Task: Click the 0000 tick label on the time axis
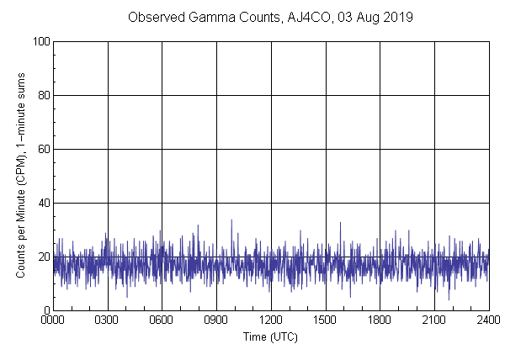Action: coord(53,320)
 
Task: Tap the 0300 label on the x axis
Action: coord(107,320)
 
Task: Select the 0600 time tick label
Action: coord(162,320)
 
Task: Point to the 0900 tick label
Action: coord(216,320)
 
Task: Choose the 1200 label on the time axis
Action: coord(271,320)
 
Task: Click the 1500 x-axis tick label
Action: coord(325,320)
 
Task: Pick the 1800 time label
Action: coord(380,320)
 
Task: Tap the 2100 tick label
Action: coord(434,320)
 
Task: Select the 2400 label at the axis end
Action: coord(488,320)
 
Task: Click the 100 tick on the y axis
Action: coord(40,41)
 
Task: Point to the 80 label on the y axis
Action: coord(42,95)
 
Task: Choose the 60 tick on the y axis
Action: coord(42,149)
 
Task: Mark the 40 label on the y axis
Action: coord(42,203)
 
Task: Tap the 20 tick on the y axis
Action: coord(42,257)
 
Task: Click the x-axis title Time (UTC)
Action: coord(270,336)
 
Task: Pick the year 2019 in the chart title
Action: coord(397,17)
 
